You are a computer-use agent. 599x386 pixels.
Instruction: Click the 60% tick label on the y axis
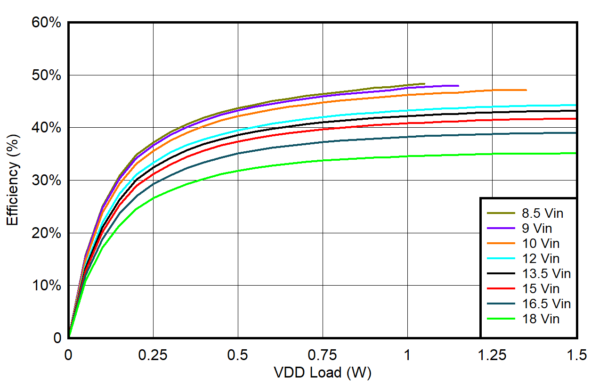[x=46, y=23]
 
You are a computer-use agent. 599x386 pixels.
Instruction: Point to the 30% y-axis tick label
[x=46, y=181]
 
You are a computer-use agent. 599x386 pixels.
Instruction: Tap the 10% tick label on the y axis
[x=46, y=286]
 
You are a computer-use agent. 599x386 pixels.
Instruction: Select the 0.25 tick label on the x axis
[x=153, y=355]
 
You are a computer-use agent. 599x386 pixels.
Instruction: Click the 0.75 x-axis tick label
[x=323, y=355]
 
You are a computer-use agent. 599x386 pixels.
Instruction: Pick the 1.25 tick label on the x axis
[x=492, y=355]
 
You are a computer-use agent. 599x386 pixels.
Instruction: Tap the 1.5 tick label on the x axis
[x=577, y=355]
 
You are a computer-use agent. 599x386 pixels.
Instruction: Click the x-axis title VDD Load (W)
[x=323, y=373]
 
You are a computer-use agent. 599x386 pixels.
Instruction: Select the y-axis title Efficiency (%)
[x=13, y=181]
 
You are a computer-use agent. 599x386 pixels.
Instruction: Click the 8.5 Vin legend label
[x=543, y=214]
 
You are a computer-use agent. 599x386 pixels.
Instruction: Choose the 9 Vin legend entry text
[x=537, y=229]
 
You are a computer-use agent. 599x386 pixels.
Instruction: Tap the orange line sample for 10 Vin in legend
[x=502, y=244]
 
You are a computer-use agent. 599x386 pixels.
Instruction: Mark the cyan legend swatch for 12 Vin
[x=502, y=259]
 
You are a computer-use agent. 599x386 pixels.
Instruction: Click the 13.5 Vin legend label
[x=546, y=274]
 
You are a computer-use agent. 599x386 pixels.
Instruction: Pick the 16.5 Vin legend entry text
[x=546, y=304]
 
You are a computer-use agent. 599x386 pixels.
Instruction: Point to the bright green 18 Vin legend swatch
[x=502, y=319]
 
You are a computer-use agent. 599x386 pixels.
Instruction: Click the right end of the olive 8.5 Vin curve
[x=424, y=84]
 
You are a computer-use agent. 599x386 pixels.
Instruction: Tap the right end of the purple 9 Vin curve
[x=458, y=86]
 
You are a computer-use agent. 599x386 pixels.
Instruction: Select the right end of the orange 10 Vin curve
[x=526, y=90]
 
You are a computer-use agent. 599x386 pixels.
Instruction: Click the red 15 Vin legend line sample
[x=502, y=289]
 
